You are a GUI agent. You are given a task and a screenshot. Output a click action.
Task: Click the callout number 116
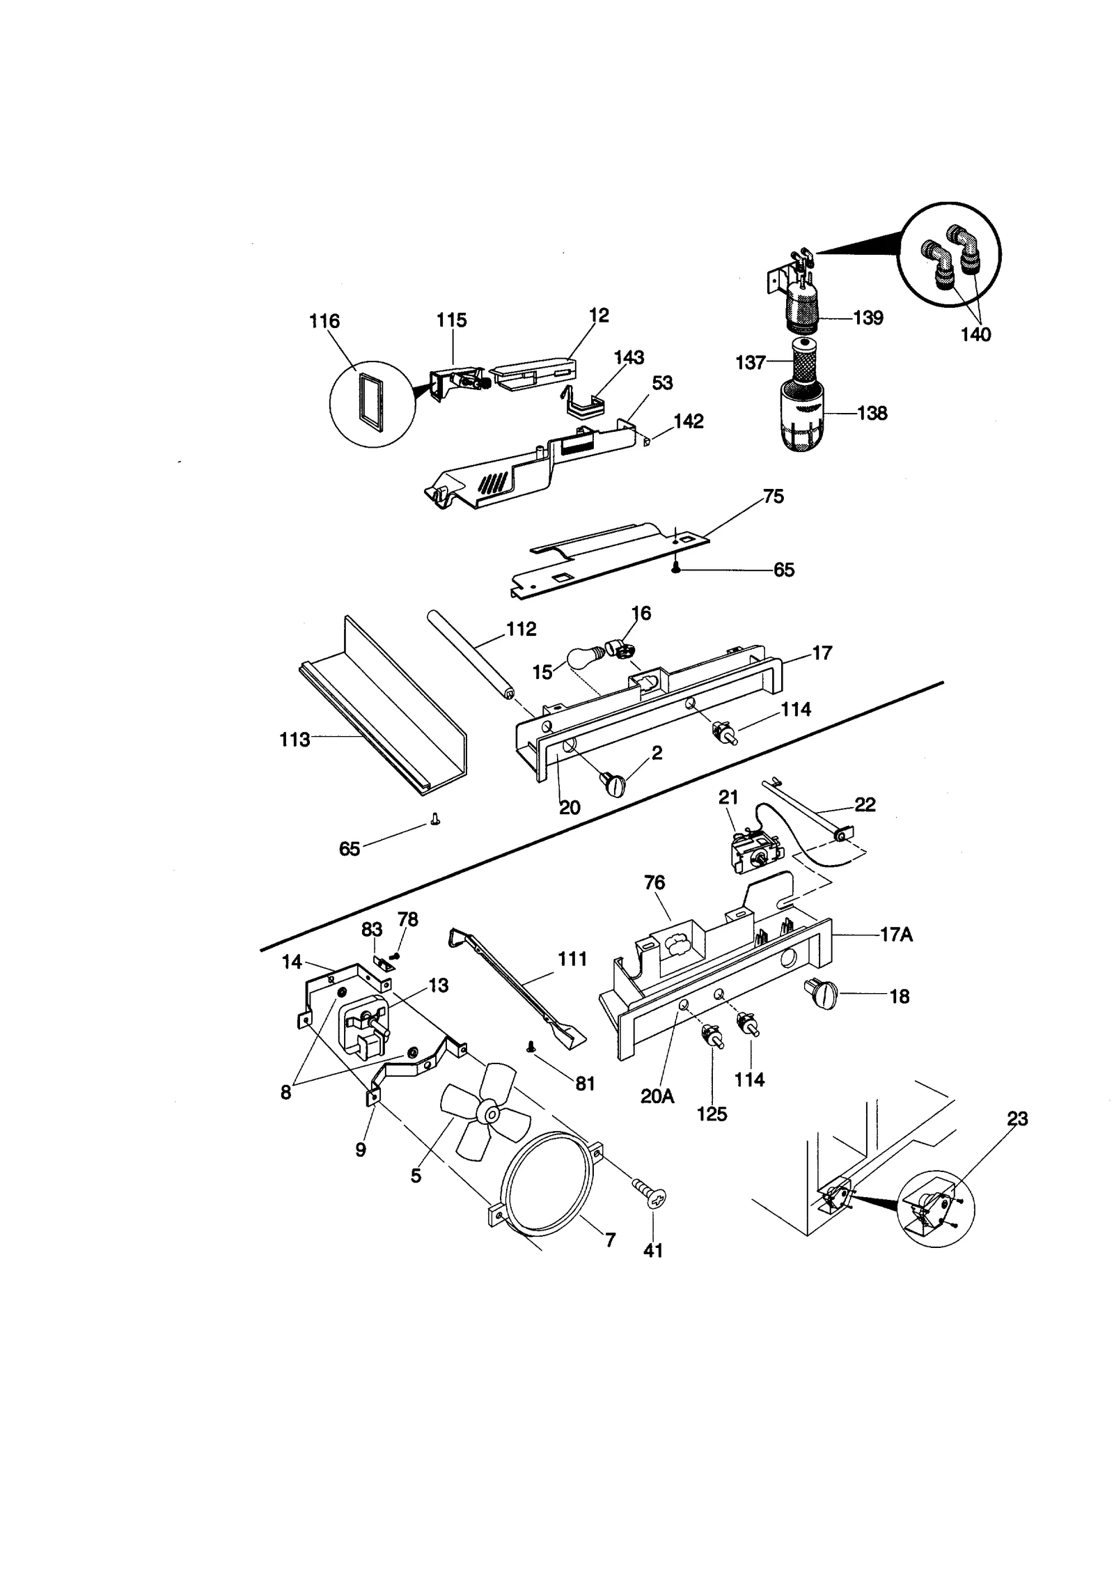[324, 321]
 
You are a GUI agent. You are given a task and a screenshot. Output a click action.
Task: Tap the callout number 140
[975, 334]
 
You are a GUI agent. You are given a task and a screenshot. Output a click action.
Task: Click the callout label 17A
[895, 935]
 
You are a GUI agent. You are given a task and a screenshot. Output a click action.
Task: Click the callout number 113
[295, 740]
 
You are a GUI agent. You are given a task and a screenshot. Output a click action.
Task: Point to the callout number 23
[1017, 1118]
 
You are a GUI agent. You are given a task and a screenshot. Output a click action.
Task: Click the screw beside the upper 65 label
[675, 569]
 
